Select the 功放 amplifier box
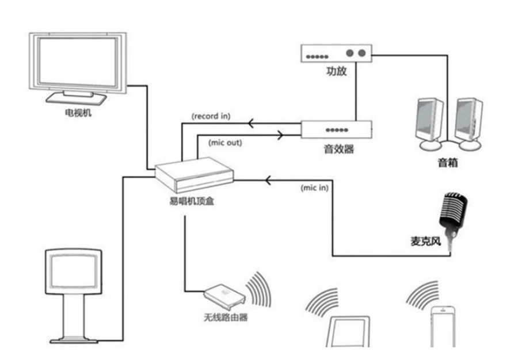(337, 53)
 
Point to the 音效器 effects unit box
(337, 129)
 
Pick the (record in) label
(211, 116)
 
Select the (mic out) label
(220, 141)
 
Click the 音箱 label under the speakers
(447, 163)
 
